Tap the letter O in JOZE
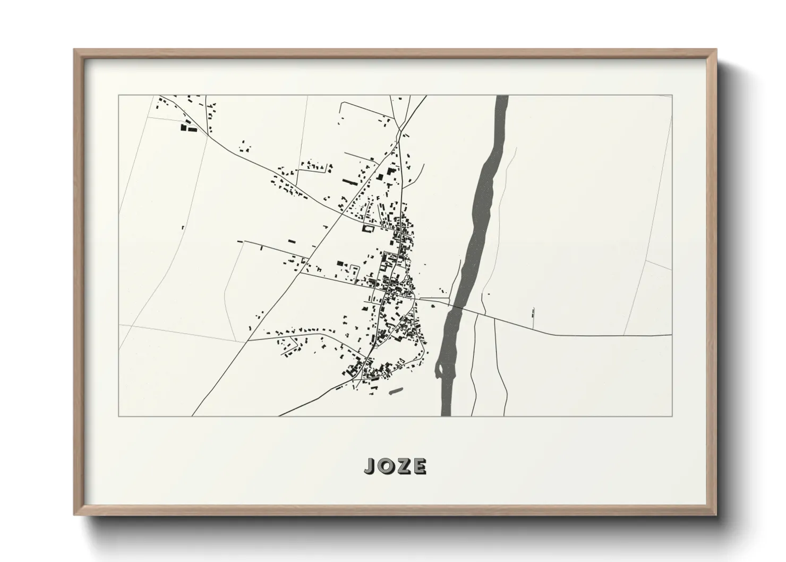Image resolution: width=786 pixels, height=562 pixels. coord(386,466)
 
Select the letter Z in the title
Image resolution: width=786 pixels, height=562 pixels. coord(403,466)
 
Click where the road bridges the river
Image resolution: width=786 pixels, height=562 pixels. coord(457,306)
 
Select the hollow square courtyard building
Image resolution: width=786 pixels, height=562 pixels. coord(366,228)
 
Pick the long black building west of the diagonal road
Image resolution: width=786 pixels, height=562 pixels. coord(349,182)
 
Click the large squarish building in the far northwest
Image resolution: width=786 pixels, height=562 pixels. coord(185,127)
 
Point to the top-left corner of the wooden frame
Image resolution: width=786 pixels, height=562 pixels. coord(75,50)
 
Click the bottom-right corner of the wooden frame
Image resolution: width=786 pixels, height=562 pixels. coord(716,515)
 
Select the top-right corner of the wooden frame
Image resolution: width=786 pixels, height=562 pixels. coord(716,50)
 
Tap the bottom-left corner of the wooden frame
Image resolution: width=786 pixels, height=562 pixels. coord(75,515)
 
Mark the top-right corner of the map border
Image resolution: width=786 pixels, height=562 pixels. coord(672,96)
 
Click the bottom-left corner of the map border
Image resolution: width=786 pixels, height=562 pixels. coord(119,416)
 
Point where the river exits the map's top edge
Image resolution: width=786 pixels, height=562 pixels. coord(502,96)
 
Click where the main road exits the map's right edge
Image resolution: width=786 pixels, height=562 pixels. coord(671,335)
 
